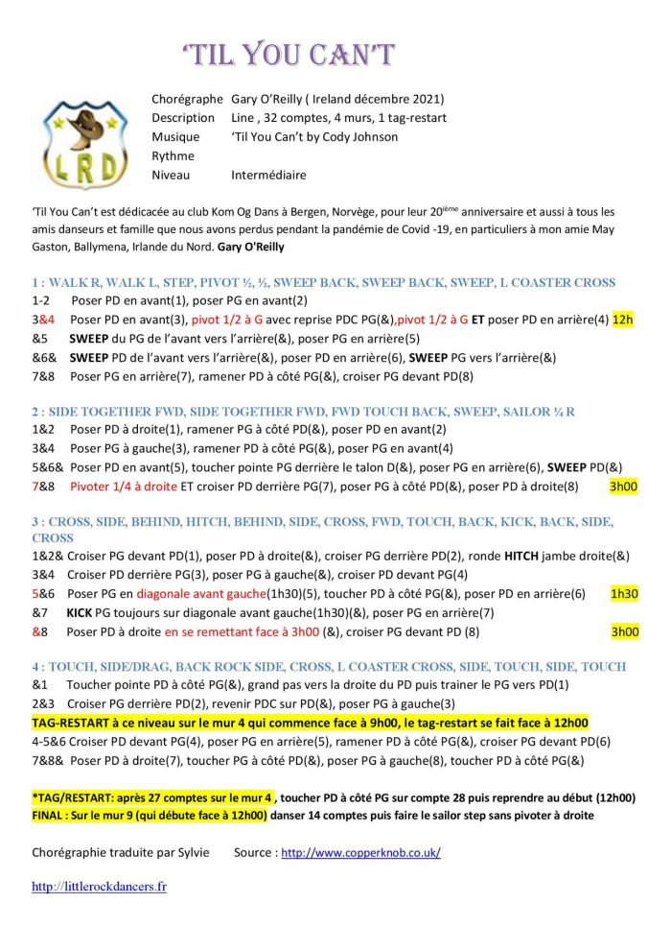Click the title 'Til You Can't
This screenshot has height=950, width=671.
click(x=289, y=55)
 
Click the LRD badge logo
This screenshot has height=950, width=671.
click(x=84, y=144)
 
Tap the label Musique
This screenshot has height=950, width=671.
click(x=175, y=137)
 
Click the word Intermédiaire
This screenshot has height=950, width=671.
click(x=268, y=176)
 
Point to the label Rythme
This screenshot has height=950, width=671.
click(x=173, y=156)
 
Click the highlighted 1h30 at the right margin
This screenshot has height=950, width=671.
click(x=624, y=594)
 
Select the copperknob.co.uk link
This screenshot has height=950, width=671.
click(x=360, y=852)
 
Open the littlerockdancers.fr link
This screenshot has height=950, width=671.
click(x=99, y=887)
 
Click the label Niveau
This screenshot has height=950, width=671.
click(x=173, y=176)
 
